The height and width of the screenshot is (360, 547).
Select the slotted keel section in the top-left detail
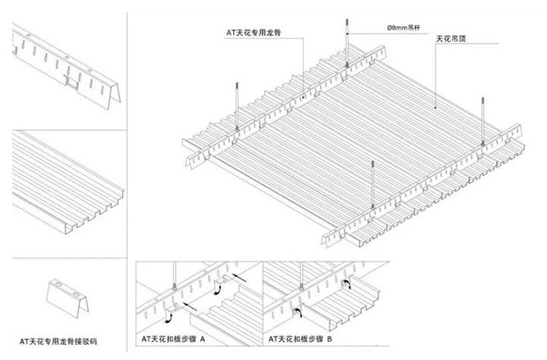point(63,66)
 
